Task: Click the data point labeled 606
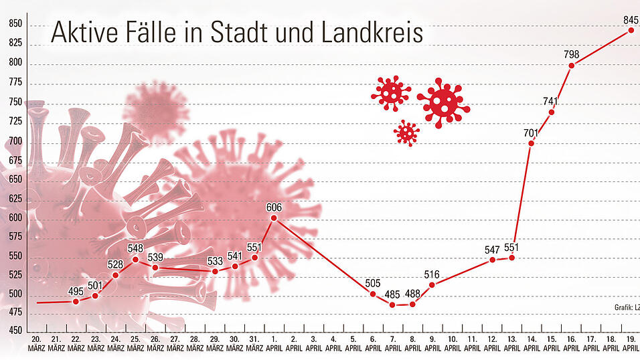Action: [274, 218]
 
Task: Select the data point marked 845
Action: [631, 30]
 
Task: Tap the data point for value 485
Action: [392, 304]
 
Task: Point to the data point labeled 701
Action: [532, 143]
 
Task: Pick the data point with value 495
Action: [76, 301]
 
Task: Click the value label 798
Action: [572, 54]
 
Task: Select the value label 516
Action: [432, 274]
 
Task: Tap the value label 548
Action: [135, 248]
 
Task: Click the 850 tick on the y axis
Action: [15, 24]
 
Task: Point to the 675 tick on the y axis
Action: [15, 161]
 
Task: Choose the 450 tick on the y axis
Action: [15, 331]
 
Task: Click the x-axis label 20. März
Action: [36, 344]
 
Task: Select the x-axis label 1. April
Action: [273, 344]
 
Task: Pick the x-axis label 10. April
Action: [452, 344]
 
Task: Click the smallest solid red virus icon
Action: [406, 132]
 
